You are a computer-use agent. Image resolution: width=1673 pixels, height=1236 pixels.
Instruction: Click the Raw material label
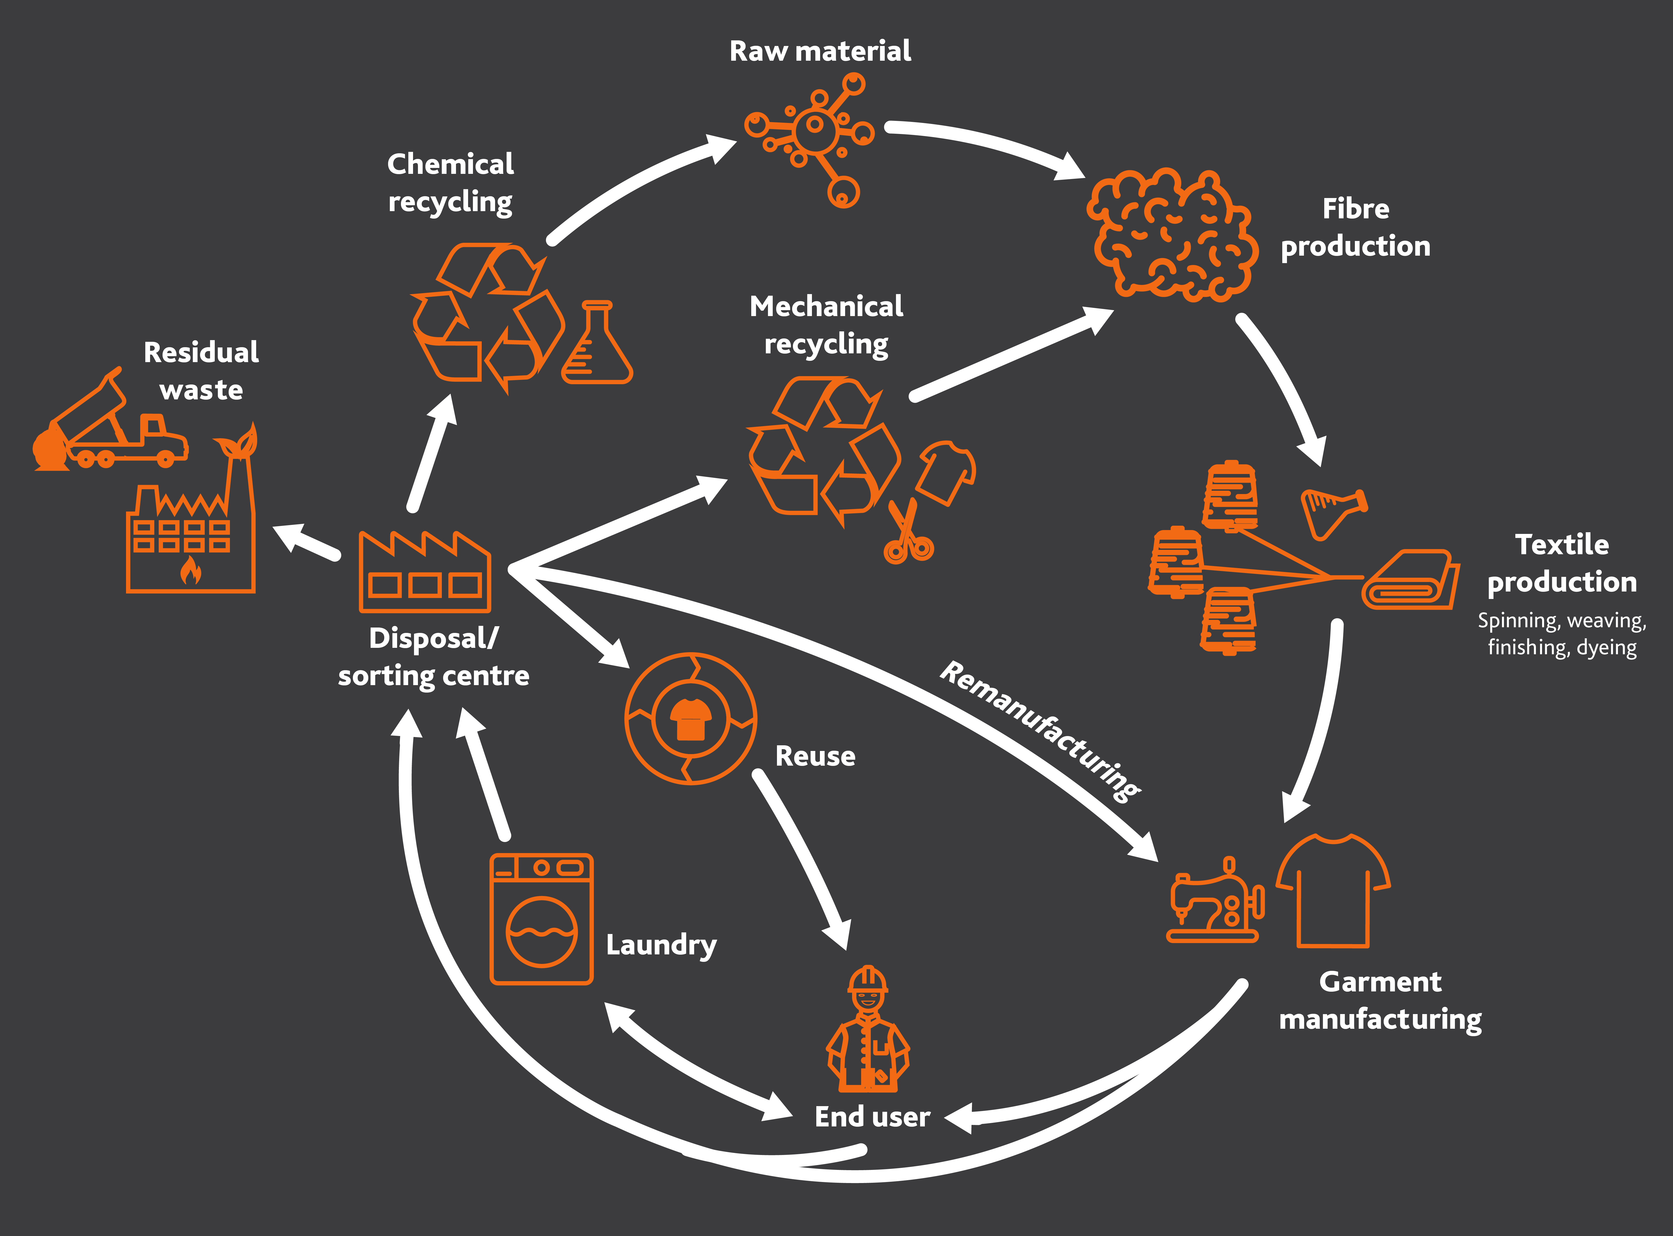click(820, 51)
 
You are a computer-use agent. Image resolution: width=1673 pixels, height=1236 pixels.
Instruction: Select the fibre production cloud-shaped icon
click(1171, 236)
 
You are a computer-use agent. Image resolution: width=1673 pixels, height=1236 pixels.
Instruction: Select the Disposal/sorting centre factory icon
click(424, 572)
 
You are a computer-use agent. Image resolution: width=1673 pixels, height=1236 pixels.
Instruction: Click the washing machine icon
click(541, 919)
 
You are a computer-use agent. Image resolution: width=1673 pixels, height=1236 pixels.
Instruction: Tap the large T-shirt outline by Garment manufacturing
click(1333, 890)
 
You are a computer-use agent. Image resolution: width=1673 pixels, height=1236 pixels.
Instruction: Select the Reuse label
click(815, 756)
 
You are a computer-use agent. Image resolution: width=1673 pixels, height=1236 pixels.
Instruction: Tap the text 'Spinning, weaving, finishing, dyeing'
click(1562, 634)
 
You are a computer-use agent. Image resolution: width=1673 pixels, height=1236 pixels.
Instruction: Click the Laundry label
click(661, 944)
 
